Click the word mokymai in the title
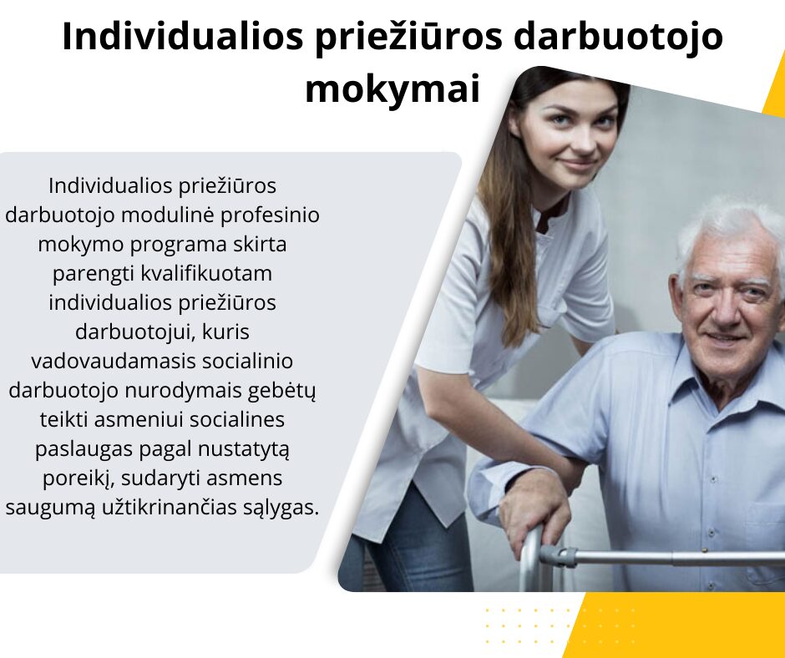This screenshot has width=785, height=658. [392, 89]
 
